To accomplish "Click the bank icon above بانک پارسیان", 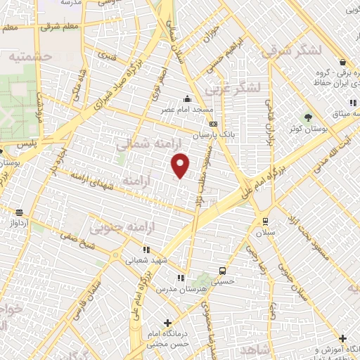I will (213, 124).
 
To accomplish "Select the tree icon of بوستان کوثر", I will (308, 116).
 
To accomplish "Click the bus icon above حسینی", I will (222, 271).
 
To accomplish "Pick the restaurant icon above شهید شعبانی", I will (146, 249).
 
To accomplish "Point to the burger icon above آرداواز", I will (19, 212).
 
